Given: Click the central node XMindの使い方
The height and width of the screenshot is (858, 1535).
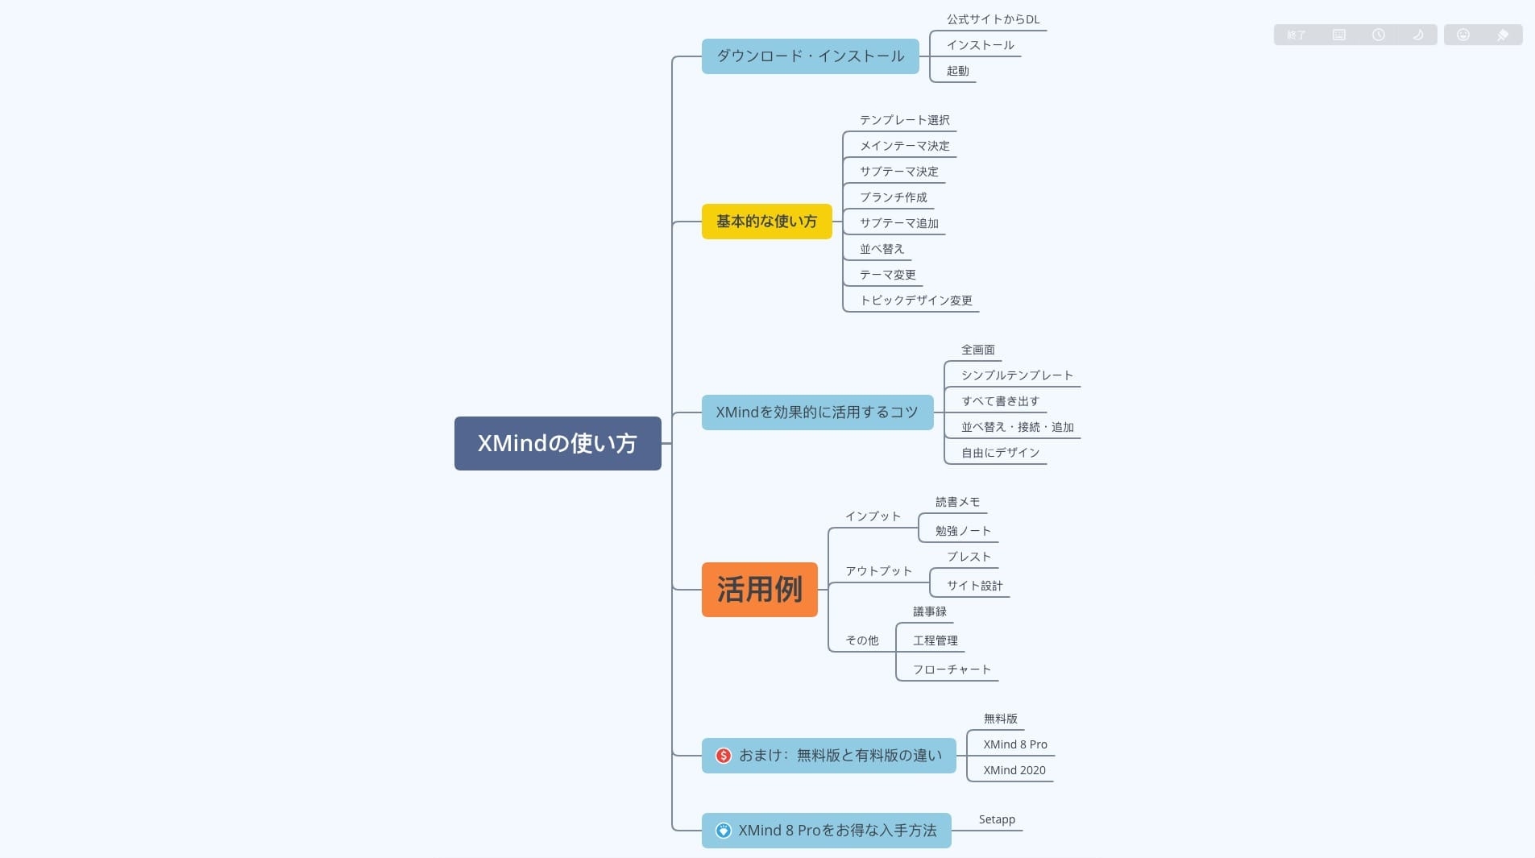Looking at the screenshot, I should click(558, 443).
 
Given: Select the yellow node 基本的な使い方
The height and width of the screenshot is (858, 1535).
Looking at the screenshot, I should click(766, 222).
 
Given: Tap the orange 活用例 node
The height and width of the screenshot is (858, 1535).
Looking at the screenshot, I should click(759, 590).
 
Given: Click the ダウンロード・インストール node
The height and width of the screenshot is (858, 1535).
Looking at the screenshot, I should click(810, 56).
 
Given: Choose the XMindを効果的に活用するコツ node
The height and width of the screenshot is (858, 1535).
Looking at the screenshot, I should click(817, 412).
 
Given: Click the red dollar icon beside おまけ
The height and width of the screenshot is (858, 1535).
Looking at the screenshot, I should click(724, 756).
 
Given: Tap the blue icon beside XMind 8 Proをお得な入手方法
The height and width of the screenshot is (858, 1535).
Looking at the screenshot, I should click(724, 831).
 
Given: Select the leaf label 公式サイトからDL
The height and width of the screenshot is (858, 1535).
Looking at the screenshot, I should click(993, 19).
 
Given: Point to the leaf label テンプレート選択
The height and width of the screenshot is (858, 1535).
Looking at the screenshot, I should click(904, 120).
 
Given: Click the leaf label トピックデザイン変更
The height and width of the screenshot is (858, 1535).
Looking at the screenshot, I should click(916, 301).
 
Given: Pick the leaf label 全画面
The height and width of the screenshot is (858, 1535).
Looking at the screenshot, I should click(977, 350).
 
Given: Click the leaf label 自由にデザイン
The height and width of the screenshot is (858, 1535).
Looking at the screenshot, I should click(1000, 453).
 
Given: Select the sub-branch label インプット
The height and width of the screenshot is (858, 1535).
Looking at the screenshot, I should click(873, 516).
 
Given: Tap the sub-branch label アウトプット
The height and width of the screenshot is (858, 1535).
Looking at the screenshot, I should click(878, 571).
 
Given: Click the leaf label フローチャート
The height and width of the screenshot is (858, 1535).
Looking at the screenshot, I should click(952, 669).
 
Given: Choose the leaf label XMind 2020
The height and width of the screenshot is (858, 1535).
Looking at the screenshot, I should click(1014, 770).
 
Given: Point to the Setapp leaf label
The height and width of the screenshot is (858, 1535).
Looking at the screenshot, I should click(997, 819).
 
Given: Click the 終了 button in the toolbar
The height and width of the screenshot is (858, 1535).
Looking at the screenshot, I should click(1296, 35).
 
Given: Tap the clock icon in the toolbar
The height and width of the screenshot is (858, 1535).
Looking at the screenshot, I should click(1379, 35).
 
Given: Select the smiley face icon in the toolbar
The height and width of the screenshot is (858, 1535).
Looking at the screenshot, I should click(1463, 35).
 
